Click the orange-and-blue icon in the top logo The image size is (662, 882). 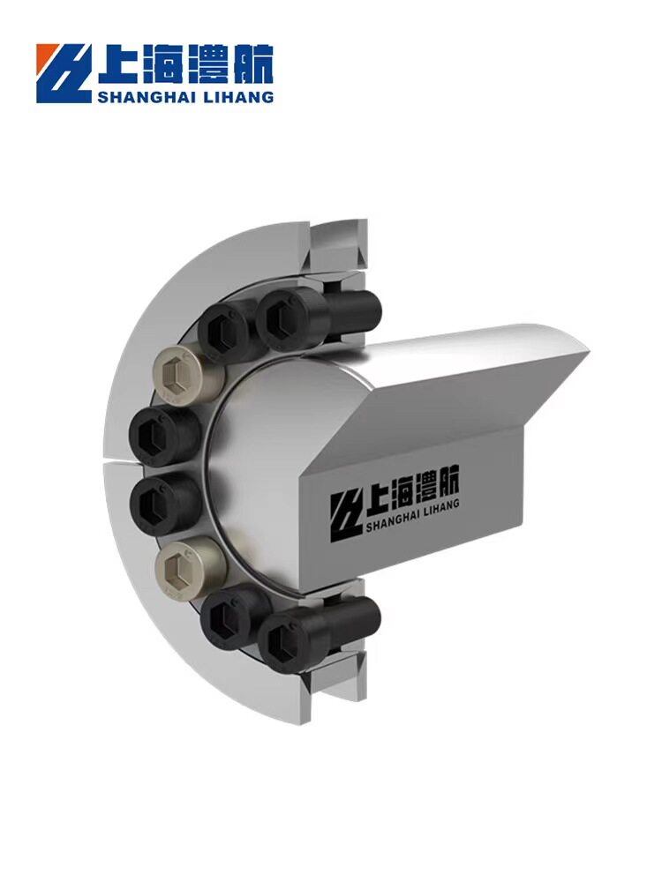point(63,73)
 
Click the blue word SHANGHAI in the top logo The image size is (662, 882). point(146,97)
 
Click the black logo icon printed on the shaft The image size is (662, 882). point(346,517)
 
